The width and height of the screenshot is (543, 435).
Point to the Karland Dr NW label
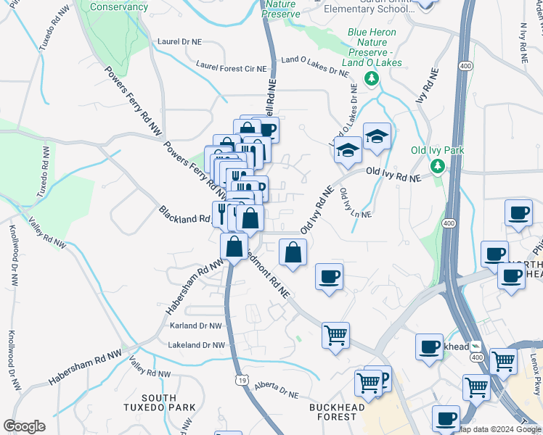coord(195,326)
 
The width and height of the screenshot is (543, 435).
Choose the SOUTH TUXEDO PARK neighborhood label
coord(159,402)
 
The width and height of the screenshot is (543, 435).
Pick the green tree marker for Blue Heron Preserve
coord(372,77)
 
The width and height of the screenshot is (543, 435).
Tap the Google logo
coord(24,426)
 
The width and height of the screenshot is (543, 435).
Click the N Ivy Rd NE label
coord(523,41)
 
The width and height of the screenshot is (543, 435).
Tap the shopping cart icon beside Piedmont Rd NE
coord(335,336)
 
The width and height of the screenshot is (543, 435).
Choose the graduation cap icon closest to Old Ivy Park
coord(377,136)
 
